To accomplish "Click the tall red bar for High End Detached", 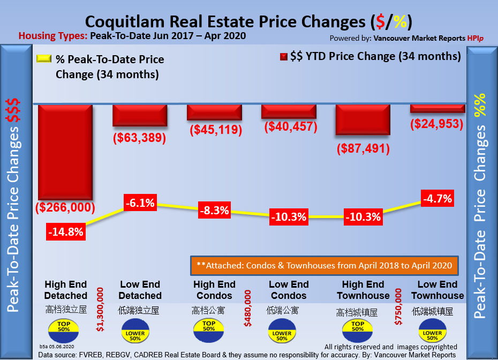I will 65,151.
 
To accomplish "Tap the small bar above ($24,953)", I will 437,108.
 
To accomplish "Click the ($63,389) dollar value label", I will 139,138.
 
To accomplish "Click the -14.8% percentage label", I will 66,233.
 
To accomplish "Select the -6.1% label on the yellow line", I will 140,203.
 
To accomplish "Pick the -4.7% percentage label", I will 437,198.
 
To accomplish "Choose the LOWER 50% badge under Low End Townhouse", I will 433,332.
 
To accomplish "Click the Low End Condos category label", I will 289,290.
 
